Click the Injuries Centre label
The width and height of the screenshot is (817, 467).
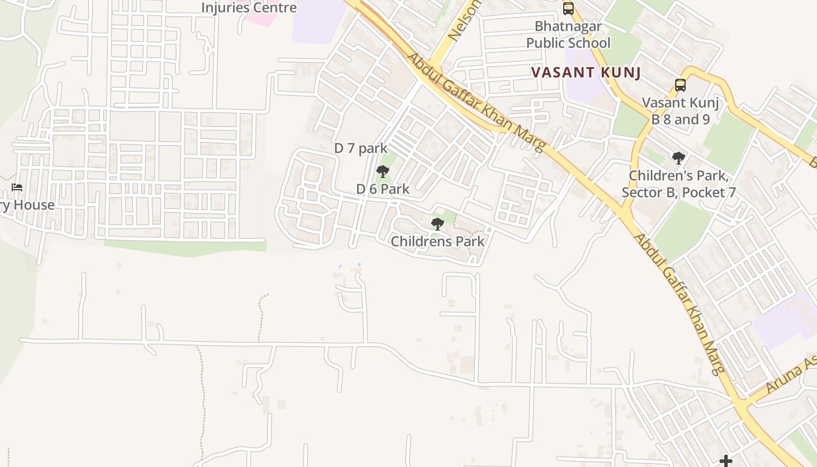coord(249,8)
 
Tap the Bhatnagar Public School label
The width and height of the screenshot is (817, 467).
coord(568,34)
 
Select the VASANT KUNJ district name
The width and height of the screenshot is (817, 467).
coord(586,72)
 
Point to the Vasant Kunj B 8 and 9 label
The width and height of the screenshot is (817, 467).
coord(680,111)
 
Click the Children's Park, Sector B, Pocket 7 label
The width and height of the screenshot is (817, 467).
coord(679,183)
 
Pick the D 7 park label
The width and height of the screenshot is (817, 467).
coord(361,148)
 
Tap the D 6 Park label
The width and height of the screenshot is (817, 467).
coord(383,189)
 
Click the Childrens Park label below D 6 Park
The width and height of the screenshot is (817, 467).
coord(438,241)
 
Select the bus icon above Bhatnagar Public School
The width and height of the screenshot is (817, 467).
coord(568,9)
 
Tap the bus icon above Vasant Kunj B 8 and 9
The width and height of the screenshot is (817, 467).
coord(680,85)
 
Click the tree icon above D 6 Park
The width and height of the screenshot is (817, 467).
coord(383,172)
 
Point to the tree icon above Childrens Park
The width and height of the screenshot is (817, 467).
coord(437,224)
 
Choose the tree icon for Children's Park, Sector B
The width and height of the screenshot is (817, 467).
coord(678,158)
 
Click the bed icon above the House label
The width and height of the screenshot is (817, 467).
coord(17,187)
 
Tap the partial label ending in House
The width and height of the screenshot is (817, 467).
coord(27,205)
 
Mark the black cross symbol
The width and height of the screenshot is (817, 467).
coord(725,461)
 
